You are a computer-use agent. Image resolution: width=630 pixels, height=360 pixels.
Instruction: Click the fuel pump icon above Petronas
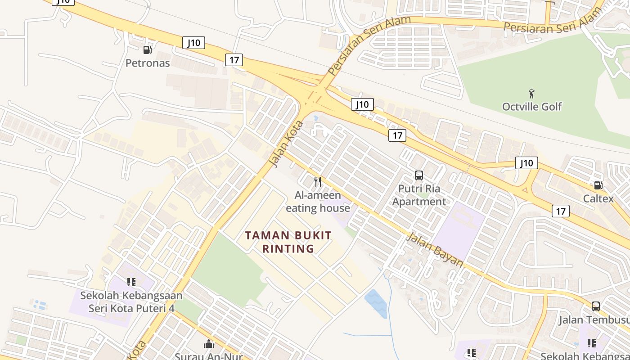click(x=147, y=49)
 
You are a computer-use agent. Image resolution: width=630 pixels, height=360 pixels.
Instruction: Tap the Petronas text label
click(x=148, y=63)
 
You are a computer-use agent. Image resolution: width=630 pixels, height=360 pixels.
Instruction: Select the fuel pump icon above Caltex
click(x=598, y=185)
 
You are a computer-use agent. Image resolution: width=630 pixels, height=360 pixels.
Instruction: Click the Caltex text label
click(x=598, y=198)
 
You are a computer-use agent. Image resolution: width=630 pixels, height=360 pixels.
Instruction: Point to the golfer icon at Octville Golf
click(x=532, y=94)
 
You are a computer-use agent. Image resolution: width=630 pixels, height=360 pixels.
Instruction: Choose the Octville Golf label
click(x=532, y=107)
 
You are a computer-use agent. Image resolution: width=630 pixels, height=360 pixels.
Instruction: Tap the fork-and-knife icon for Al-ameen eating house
click(x=318, y=181)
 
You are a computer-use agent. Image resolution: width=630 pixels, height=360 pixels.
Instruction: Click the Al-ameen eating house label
click(x=318, y=202)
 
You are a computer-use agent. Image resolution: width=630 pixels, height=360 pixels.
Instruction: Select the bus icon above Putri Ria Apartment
click(x=418, y=175)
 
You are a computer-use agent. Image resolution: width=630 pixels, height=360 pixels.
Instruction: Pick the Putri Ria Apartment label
click(x=419, y=195)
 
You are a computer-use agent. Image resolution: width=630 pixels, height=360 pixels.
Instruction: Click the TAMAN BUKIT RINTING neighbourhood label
click(x=288, y=242)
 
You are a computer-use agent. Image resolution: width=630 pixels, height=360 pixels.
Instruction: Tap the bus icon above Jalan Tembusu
click(x=595, y=306)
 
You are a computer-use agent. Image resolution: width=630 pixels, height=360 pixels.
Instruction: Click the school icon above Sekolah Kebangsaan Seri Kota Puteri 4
click(x=131, y=282)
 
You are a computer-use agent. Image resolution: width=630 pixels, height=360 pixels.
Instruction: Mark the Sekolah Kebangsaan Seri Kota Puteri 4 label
click(x=131, y=302)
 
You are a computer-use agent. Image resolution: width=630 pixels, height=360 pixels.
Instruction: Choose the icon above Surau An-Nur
click(x=209, y=344)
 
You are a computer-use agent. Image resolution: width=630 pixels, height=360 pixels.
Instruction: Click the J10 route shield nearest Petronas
click(x=194, y=43)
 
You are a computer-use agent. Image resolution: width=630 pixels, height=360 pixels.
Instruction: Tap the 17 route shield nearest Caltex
click(x=560, y=211)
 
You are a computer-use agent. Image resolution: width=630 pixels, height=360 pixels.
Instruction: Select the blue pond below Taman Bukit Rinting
click(x=376, y=303)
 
